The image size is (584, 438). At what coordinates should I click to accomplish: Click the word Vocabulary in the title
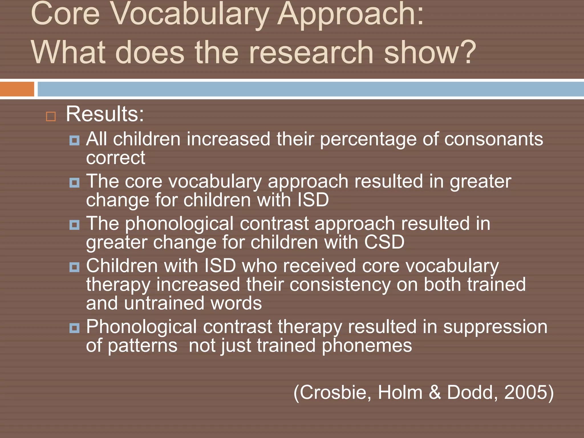pyautogui.click(x=189, y=14)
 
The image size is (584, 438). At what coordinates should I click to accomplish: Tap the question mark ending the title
pyautogui.click(x=467, y=52)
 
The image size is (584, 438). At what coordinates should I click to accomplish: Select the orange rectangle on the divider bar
pyautogui.click(x=17, y=89)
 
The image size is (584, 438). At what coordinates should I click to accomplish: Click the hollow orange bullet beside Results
pyautogui.click(x=51, y=116)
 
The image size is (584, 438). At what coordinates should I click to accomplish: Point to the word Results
pyautogui.click(x=105, y=114)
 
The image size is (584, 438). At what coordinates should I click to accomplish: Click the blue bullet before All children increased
pyautogui.click(x=74, y=140)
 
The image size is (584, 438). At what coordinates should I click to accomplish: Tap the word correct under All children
pyautogui.click(x=115, y=158)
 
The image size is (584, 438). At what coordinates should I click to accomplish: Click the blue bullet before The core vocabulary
pyautogui.click(x=74, y=182)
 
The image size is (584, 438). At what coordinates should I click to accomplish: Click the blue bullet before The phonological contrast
pyautogui.click(x=74, y=225)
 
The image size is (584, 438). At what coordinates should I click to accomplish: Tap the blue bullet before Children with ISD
pyautogui.click(x=74, y=267)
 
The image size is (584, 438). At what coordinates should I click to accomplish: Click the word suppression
pyautogui.click(x=495, y=327)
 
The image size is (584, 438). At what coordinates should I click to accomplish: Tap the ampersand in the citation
pyautogui.click(x=435, y=392)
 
